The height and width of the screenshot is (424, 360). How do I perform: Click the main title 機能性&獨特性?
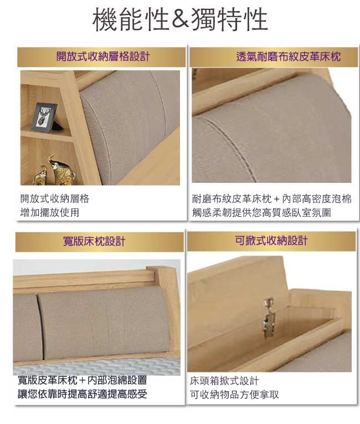(180, 19)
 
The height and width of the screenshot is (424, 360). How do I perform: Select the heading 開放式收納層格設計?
(103, 57)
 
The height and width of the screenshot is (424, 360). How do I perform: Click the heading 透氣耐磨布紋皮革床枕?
(289, 57)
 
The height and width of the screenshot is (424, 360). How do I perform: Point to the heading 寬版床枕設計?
(94, 241)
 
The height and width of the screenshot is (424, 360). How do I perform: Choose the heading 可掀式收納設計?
(271, 241)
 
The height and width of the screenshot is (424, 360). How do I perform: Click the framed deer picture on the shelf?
(44, 117)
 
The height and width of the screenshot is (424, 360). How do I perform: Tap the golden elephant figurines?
(54, 170)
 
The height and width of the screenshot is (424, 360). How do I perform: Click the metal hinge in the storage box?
(269, 317)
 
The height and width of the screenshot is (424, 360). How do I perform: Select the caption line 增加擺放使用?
(50, 212)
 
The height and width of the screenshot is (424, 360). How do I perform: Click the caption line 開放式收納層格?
(55, 199)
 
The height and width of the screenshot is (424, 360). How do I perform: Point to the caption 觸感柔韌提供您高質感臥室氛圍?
(261, 212)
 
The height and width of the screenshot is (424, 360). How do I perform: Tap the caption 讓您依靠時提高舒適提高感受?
(83, 394)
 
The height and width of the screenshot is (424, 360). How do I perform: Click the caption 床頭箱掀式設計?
(224, 381)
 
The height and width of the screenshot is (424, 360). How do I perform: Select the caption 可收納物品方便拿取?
(234, 395)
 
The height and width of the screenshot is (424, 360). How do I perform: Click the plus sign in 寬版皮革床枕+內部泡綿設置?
(83, 380)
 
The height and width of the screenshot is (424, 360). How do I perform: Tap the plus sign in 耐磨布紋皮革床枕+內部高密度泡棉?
(276, 200)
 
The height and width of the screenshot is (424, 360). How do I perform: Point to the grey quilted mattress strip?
(96, 367)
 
